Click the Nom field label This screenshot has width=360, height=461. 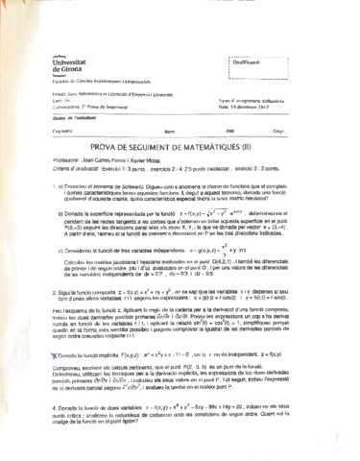point(169,130)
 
